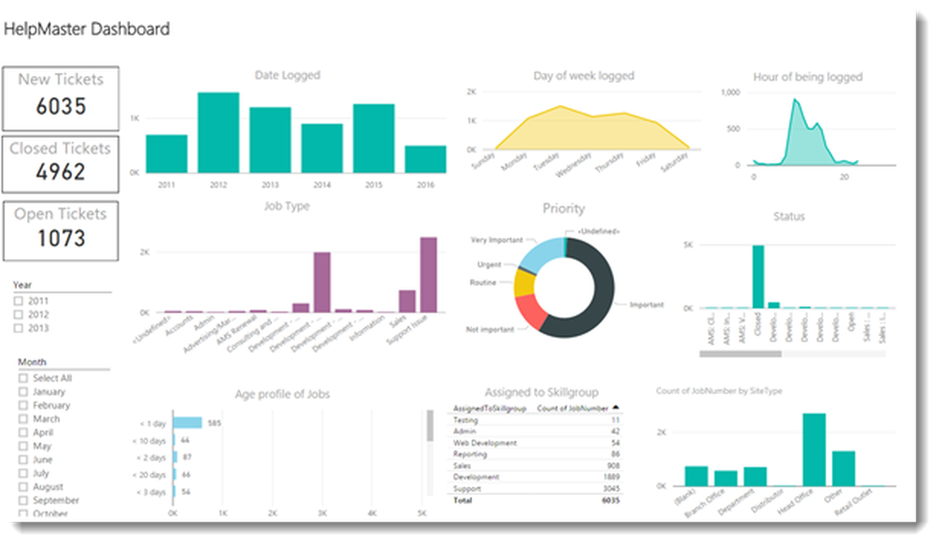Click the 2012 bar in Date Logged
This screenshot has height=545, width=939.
click(x=218, y=132)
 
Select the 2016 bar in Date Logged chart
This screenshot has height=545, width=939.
click(x=425, y=159)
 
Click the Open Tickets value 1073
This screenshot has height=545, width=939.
click(x=61, y=238)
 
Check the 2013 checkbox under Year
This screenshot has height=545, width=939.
click(x=19, y=328)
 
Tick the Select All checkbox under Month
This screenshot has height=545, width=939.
click(x=24, y=378)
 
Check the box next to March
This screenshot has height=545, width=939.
click(x=24, y=419)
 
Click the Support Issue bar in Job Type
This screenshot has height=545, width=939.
click(x=428, y=275)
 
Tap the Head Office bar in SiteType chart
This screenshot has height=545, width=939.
click(x=814, y=449)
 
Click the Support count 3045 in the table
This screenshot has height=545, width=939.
click(x=608, y=489)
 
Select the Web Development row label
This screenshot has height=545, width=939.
click(x=485, y=443)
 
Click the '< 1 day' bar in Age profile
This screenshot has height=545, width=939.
click(x=187, y=422)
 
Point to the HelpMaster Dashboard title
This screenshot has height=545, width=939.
click(x=87, y=29)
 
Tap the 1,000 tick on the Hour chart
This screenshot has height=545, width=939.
click(x=730, y=91)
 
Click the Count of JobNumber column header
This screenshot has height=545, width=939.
click(x=573, y=408)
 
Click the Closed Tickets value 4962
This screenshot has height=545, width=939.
click(x=61, y=172)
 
